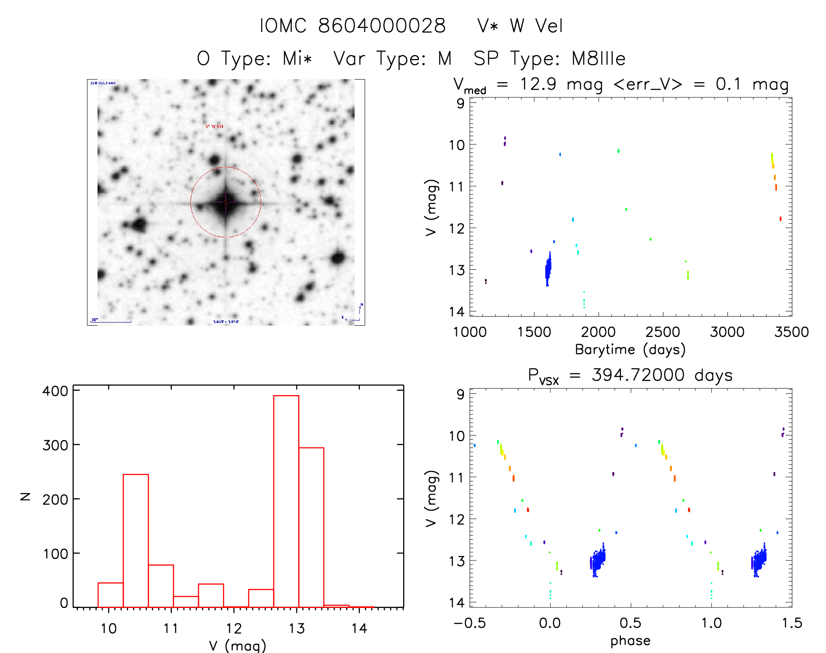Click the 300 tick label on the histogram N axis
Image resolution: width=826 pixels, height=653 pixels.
(x=56, y=445)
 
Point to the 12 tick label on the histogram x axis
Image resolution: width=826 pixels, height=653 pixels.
(x=234, y=629)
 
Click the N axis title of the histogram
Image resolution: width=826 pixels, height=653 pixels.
(x=25, y=497)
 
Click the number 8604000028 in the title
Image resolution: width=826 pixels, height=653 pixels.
(x=382, y=26)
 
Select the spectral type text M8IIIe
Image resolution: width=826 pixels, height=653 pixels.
(x=599, y=59)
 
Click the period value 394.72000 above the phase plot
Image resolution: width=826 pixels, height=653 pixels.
(x=638, y=375)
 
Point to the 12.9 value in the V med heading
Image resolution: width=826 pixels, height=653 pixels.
(x=538, y=84)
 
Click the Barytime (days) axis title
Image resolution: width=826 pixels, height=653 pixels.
(x=630, y=350)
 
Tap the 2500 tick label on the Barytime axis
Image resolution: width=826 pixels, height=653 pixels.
(x=662, y=332)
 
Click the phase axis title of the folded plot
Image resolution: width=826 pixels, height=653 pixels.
(x=630, y=641)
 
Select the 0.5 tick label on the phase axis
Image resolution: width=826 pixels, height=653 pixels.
(x=630, y=623)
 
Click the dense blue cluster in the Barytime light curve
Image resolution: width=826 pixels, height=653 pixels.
(x=548, y=269)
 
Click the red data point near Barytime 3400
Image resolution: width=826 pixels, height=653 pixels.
(x=780, y=219)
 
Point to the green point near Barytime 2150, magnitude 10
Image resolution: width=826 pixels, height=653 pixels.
(x=618, y=151)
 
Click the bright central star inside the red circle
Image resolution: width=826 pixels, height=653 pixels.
(x=226, y=202)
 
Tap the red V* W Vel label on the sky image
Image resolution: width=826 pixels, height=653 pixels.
(x=214, y=126)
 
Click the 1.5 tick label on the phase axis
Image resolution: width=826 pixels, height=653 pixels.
(x=792, y=623)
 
